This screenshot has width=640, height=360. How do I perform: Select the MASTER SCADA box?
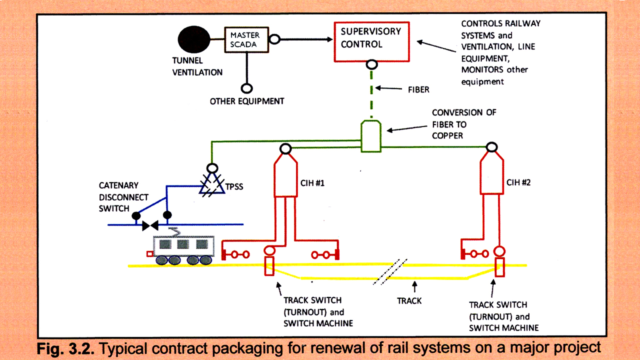pyautogui.click(x=245, y=39)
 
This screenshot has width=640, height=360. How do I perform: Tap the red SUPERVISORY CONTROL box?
pyautogui.click(x=371, y=41)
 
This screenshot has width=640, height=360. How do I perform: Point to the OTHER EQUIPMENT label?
pyautogui.click(x=247, y=101)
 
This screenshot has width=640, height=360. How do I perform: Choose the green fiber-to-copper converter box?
pyautogui.click(x=371, y=135)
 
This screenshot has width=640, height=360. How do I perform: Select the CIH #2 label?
pyautogui.click(x=518, y=183)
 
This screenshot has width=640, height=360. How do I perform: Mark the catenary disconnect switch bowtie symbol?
pyautogui.click(x=150, y=225)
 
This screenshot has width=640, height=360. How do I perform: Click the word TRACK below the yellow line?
pyautogui.click(x=409, y=301)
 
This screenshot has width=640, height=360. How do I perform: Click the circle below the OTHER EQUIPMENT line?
pyautogui.click(x=246, y=88)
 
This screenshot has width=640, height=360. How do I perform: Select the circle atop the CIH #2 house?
pyautogui.click(x=492, y=147)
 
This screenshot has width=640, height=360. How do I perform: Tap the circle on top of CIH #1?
pyautogui.click(x=285, y=148)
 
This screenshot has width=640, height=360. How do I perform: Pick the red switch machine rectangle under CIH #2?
pyautogui.click(x=499, y=267)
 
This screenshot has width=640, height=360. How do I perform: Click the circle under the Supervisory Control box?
pyautogui.click(x=371, y=64)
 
